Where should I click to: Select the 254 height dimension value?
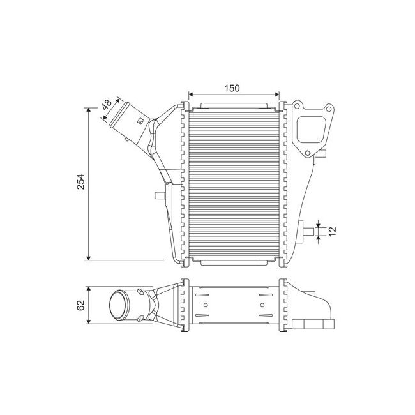(80, 183)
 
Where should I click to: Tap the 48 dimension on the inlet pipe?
(107, 103)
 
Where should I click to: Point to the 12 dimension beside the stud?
(331, 232)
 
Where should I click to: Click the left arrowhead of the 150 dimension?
(190, 95)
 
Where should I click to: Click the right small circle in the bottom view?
(262, 305)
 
